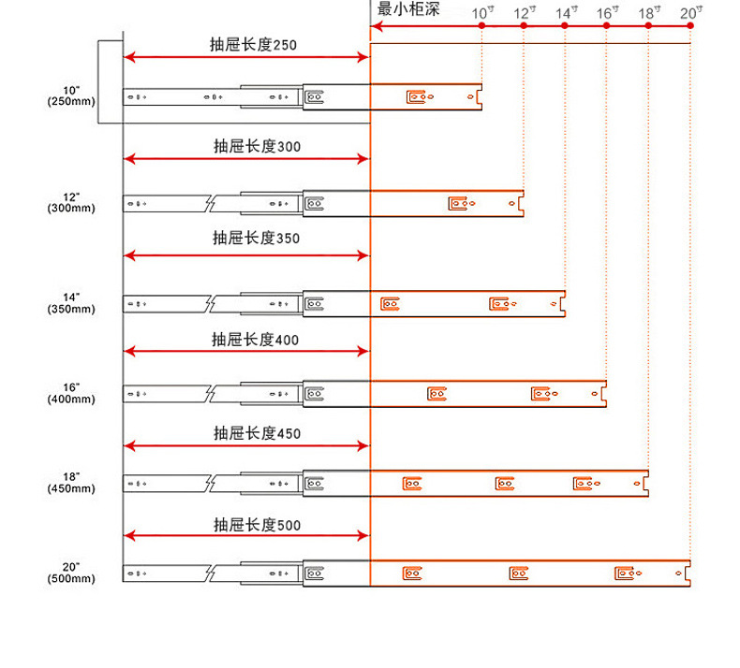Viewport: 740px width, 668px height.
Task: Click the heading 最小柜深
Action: click(407, 10)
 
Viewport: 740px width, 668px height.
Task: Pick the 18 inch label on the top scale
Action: click(649, 12)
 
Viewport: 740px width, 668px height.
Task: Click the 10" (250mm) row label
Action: click(71, 95)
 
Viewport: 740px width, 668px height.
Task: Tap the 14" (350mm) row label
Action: click(71, 302)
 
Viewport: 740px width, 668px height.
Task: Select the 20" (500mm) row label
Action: click(71, 573)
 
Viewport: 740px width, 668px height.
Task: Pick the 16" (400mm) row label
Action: click(71, 393)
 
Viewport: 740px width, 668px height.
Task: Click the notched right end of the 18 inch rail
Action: click(644, 483)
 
